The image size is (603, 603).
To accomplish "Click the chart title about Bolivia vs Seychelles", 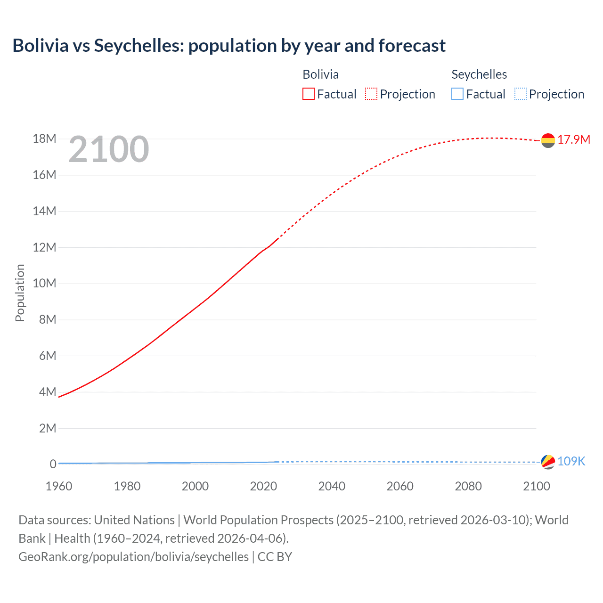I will pos(229,46).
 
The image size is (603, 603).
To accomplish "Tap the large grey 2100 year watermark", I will pos(109,149).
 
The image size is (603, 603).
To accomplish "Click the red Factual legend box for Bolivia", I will pos(308,94).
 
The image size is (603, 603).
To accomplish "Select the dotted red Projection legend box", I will pos(371,94).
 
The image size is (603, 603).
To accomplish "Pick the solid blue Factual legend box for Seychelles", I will pos(457,94).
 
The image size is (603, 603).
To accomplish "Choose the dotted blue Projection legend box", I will pos(520,94).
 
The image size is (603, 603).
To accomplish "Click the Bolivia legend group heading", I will pos(320,74).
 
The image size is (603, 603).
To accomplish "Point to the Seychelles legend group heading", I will pos(479,74).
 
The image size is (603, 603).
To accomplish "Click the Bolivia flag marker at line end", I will pos(548,140).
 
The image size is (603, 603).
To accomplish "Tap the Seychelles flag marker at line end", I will pos(548,462).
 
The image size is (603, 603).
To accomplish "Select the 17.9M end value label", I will pos(574,139).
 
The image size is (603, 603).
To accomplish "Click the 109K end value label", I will pos(571,461).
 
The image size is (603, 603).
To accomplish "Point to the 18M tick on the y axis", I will pos(44,139).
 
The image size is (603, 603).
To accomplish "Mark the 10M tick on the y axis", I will pos(44,283).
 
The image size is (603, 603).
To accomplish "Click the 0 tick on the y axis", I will pos(53,464).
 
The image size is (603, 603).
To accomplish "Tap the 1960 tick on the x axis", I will pos(59,486).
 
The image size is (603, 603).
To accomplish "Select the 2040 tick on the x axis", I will pos(332,486).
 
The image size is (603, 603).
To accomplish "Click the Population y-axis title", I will pos(20,293).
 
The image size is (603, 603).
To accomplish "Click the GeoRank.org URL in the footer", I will pos(133,557).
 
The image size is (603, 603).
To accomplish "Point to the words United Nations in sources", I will pos(134,520).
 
